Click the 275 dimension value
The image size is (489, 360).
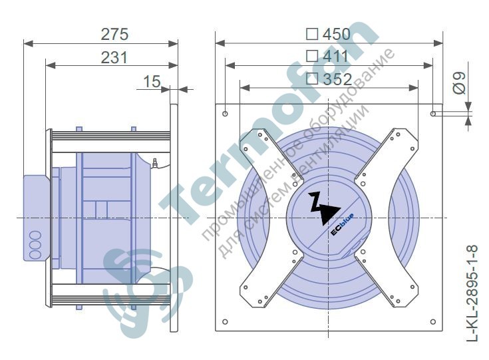114,35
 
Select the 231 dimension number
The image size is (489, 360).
114,58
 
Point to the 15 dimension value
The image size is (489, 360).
152,81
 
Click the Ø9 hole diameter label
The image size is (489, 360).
459,83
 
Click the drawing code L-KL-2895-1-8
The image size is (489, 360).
473,293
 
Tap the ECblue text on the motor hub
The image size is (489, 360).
342,225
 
